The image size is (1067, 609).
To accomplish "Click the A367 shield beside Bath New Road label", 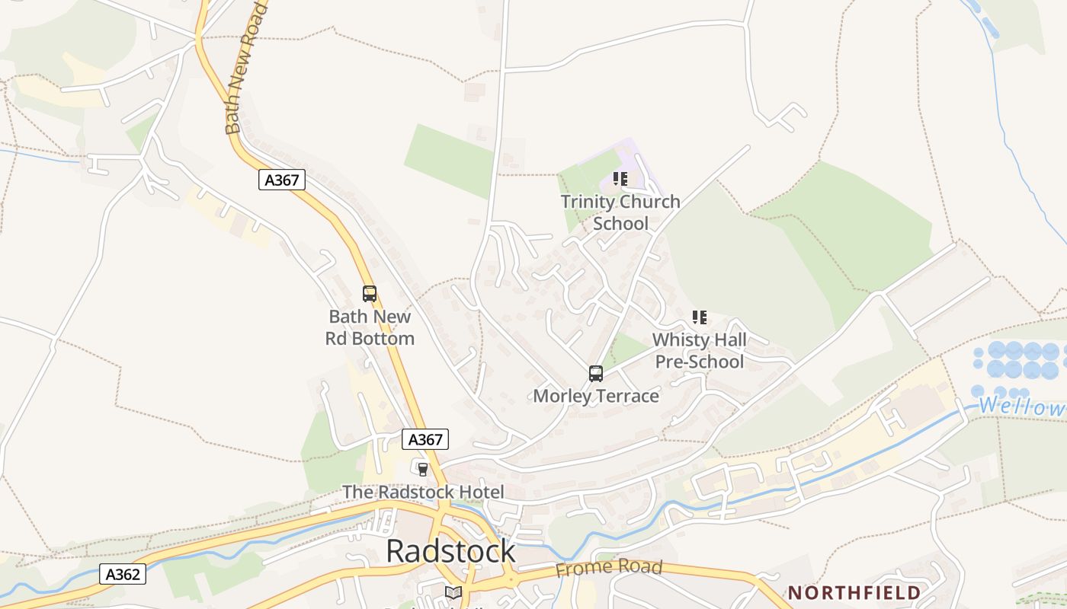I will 282,180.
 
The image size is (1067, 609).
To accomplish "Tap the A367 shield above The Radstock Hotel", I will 425,439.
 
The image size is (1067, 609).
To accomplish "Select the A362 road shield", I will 122,574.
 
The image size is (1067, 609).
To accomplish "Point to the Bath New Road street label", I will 245,69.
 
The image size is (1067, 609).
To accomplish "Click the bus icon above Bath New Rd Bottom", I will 370,294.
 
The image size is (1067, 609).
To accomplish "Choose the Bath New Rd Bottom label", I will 370,327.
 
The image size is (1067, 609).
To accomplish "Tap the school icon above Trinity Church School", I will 620,180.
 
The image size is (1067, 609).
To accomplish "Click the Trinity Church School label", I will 620,212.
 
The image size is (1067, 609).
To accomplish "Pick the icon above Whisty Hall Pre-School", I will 700,317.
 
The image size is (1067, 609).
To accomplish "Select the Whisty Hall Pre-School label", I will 700,350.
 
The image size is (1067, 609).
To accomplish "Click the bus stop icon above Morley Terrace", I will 596,374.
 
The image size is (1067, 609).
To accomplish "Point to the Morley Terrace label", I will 596,396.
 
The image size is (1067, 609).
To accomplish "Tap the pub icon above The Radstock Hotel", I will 423,469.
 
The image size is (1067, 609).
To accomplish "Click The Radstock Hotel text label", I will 423,492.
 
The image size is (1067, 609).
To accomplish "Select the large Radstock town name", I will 450,551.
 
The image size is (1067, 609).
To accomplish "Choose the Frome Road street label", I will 609,568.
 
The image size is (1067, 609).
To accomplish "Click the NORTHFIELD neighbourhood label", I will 854,592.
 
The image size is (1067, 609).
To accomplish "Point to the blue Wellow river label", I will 1021,406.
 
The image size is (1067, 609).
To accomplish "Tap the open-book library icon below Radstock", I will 453,592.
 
